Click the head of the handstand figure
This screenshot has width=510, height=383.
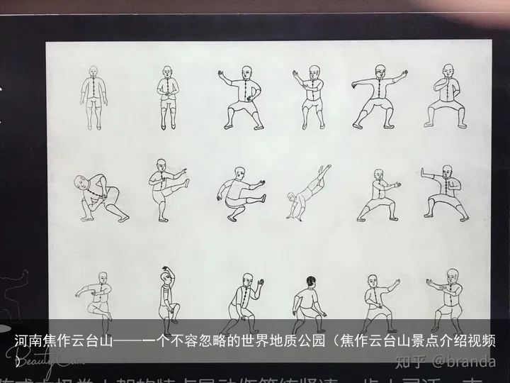click(291, 196)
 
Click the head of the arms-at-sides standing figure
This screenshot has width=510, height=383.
click(93, 72)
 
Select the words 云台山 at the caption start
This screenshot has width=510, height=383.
click(91, 342)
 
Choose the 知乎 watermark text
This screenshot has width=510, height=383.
click(411, 361)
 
